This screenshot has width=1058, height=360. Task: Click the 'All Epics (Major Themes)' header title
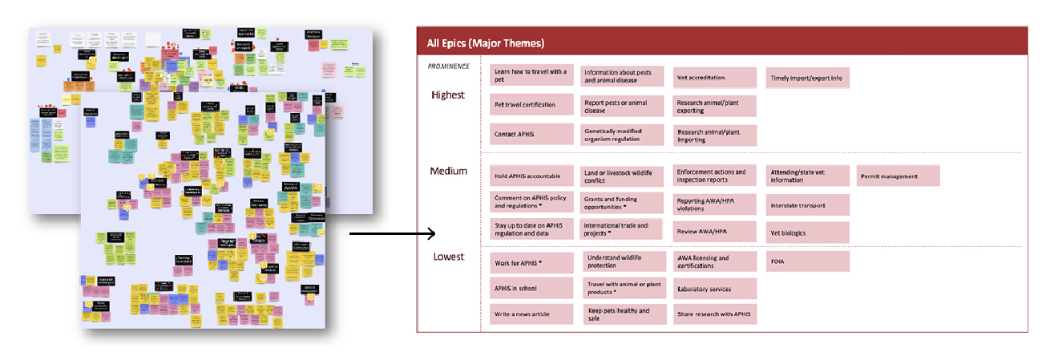(486, 42)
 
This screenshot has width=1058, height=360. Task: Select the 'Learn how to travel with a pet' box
(531, 75)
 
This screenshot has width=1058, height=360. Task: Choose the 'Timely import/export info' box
(807, 77)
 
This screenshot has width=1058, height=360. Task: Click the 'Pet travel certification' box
(531, 105)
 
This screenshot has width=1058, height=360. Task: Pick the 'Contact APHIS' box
(531, 134)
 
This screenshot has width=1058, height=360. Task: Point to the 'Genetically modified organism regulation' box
(623, 134)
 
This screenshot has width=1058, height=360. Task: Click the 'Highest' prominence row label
(447, 95)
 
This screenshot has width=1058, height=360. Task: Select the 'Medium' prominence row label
(449, 171)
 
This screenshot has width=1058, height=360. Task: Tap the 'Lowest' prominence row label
(447, 257)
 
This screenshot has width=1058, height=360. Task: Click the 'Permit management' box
(898, 176)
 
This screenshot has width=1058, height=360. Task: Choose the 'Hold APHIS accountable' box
(531, 176)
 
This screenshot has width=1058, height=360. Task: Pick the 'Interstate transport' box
(807, 205)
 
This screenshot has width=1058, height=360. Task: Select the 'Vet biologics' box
(807, 233)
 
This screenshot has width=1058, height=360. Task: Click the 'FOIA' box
(807, 261)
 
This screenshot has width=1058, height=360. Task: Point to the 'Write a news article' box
(531, 313)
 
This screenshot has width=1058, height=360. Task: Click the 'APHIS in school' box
(531, 288)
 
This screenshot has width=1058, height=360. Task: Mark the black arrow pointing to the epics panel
(392, 234)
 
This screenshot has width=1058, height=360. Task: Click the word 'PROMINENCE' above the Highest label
(448, 67)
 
